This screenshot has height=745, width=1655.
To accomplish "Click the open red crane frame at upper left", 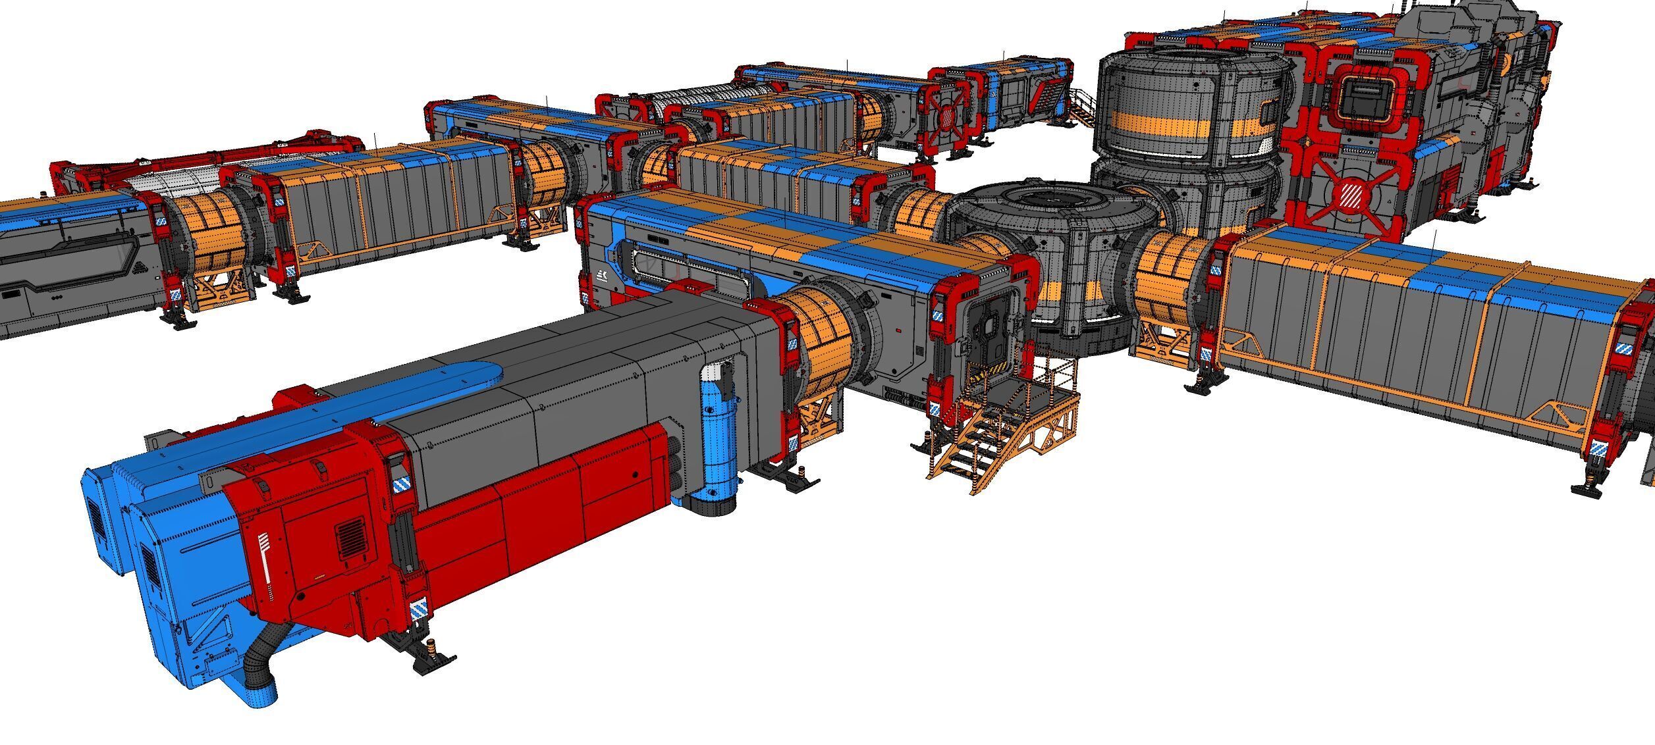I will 198,162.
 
